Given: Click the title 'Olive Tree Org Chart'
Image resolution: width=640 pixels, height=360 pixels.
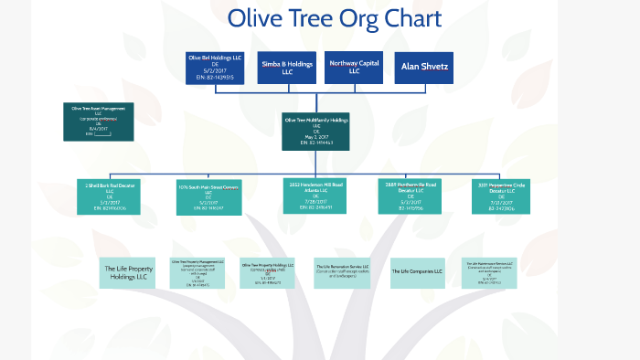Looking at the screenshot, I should pos(334,19).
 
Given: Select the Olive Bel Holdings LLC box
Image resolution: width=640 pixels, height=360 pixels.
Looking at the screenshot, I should pos(215,68).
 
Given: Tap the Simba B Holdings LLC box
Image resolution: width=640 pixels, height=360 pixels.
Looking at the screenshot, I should pos(286,68).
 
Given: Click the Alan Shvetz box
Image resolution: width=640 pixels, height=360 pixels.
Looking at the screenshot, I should pos(423,68).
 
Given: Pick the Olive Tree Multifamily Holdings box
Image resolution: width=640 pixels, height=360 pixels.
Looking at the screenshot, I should pos(316,131).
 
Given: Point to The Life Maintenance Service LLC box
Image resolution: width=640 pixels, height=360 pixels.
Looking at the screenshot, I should pos(490,272).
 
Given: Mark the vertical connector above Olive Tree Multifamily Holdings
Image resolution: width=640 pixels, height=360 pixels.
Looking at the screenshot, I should pos(316,99).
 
